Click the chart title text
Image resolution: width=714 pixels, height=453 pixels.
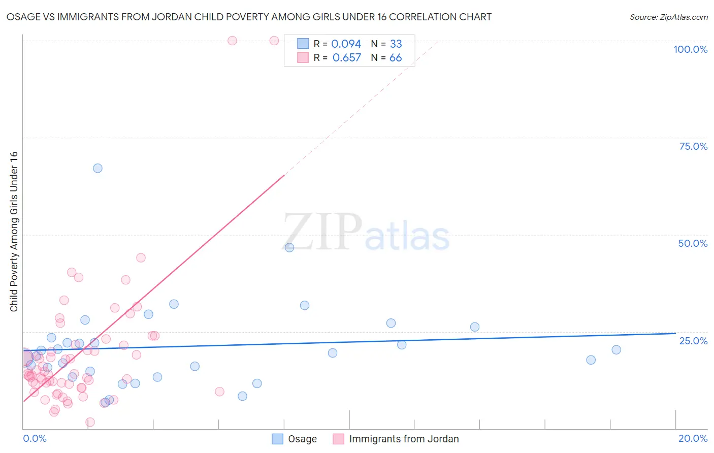pyautogui.click(x=249, y=17)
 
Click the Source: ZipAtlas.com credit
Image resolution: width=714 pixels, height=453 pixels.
pyautogui.click(x=668, y=17)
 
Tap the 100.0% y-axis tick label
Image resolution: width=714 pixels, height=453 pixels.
pyautogui.click(x=690, y=49)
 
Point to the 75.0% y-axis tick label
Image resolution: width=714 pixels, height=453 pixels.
pyautogui.click(x=693, y=146)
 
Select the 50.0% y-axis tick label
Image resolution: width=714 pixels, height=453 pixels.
pyautogui.click(x=693, y=243)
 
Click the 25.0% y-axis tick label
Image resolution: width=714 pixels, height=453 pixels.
pyautogui.click(x=693, y=340)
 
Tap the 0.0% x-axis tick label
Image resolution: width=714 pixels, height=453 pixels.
pyautogui.click(x=35, y=438)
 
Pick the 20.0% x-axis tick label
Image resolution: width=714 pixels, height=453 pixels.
pyautogui.click(x=693, y=438)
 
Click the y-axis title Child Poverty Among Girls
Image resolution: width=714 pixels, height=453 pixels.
pyautogui.click(x=14, y=232)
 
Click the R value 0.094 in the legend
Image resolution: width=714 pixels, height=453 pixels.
pyautogui.click(x=346, y=44)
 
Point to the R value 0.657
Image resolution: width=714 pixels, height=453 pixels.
pyautogui.click(x=346, y=58)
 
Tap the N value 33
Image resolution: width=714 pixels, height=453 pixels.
pyautogui.click(x=396, y=44)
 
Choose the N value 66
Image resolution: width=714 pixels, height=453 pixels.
pyautogui.click(x=396, y=58)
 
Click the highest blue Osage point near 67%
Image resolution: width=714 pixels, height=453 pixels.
pyautogui.click(x=98, y=168)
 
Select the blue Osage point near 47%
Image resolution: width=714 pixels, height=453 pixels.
pyautogui.click(x=289, y=247)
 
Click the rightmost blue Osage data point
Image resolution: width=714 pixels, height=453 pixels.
pyautogui.click(x=616, y=349)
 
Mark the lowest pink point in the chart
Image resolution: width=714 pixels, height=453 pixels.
pyautogui.click(x=90, y=422)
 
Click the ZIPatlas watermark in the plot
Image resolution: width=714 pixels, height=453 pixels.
pyautogui.click(x=366, y=233)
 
